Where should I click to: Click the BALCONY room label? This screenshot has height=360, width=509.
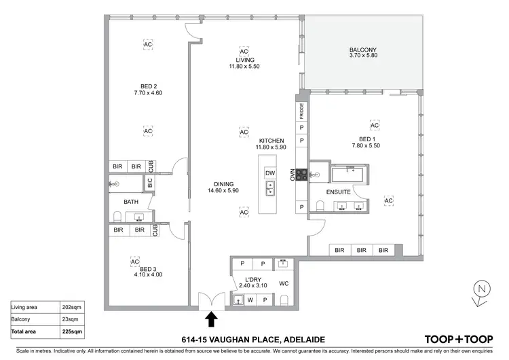click(364, 50)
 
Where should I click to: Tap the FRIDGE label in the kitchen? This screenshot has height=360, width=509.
click(300, 111)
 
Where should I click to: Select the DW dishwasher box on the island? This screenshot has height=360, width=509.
click(270, 174)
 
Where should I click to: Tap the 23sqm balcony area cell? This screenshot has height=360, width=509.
click(64, 319)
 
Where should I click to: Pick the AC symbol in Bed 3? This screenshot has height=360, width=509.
click(134, 261)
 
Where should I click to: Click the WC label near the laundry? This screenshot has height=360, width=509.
click(284, 284)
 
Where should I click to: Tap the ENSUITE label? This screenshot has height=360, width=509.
click(338, 193)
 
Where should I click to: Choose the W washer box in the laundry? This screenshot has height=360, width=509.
click(251, 299)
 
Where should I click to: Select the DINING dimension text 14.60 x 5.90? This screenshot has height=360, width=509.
click(225, 191)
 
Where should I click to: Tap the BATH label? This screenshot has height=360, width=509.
click(132, 202)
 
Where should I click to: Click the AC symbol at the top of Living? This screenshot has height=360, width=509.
click(244, 52)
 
